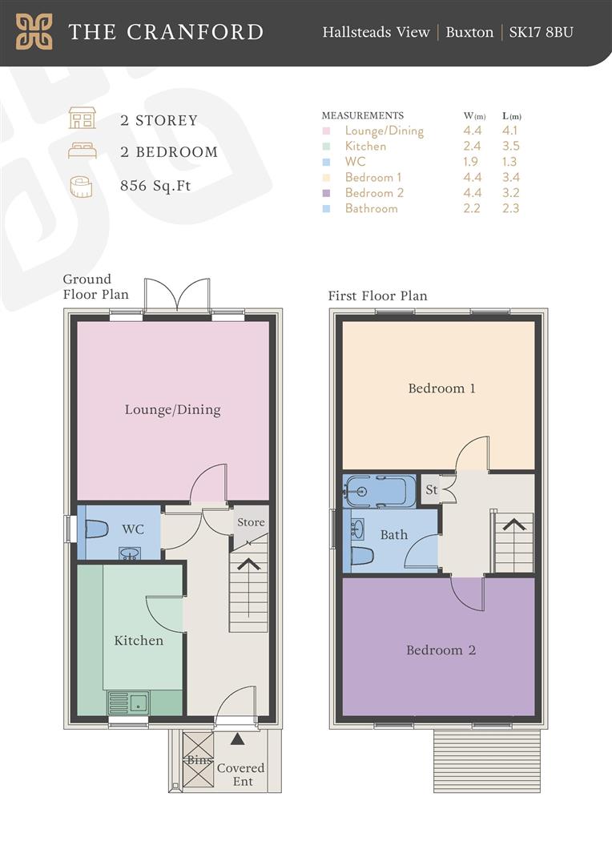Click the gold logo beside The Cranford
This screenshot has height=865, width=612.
pos(34,31)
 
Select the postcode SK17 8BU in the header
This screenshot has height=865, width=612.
pos(541,32)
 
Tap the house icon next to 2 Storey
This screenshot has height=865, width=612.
pos(83,118)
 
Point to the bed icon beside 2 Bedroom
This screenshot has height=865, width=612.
pos(83,151)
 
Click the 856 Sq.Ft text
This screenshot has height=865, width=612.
pos(155,185)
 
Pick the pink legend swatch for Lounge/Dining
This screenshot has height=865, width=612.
pos(327,131)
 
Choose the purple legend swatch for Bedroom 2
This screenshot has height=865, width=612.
pos(327,193)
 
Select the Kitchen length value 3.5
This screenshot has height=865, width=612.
pos(510,147)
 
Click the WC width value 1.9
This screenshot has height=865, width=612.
pos(471,162)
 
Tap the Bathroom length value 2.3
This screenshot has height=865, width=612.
pos(510,208)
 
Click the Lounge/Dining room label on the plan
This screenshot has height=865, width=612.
pos(173,409)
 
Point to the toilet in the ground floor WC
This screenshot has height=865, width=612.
pos(97,529)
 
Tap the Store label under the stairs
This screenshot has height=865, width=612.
pos(251,522)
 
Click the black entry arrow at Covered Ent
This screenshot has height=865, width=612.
pos(237,738)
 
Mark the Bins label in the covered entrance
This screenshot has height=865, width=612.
pos(199,759)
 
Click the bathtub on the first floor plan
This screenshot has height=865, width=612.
pos(379,491)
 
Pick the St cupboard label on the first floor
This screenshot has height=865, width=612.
pos(432,489)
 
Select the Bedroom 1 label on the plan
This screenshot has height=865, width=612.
pos(441,388)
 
